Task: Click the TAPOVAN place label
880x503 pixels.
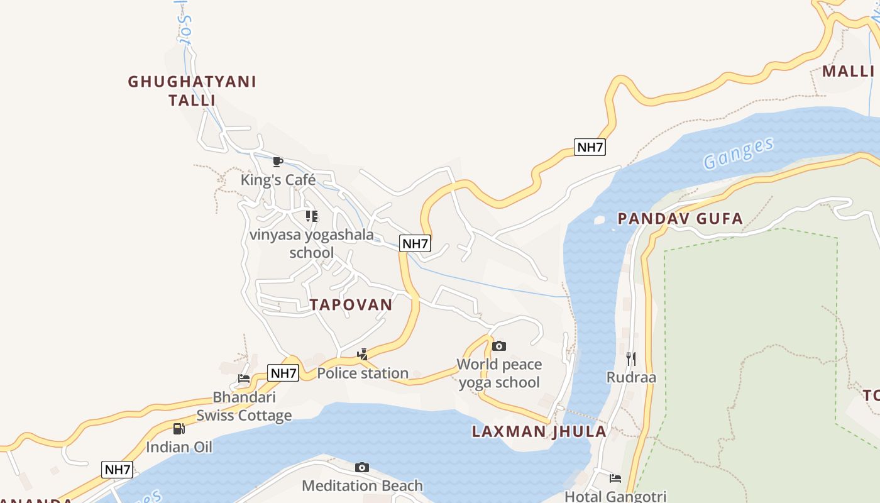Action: [351, 305]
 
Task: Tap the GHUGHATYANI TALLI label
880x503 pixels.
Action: [192, 91]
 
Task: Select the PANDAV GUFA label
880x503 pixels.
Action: [680, 219]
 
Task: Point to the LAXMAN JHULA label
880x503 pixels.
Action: [539, 431]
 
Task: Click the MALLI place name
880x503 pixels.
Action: [848, 71]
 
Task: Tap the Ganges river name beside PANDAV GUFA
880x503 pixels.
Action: [739, 153]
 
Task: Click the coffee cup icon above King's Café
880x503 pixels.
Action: [278, 162]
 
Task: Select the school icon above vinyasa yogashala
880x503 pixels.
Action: [312, 216]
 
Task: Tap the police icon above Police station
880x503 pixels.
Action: [363, 355]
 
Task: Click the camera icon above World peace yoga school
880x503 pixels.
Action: [499, 346]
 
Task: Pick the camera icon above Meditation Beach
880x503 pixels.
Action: [361, 467]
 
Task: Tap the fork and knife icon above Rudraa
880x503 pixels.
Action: [631, 359]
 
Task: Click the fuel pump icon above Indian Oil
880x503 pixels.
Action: [179, 429]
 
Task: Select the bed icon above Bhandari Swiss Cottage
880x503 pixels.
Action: [244, 379]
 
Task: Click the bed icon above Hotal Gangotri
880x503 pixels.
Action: [615, 478]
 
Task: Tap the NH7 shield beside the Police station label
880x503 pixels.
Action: [283, 373]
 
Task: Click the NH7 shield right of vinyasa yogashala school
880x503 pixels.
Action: [415, 243]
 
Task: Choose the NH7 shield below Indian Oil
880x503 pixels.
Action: [117, 469]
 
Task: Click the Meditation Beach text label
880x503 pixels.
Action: [362, 485]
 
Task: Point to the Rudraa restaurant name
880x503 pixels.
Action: [631, 377]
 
